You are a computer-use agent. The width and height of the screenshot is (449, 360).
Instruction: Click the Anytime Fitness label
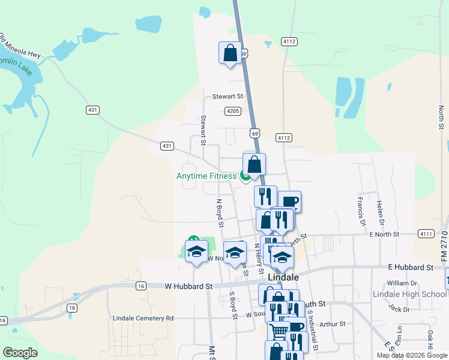click(x=206, y=176)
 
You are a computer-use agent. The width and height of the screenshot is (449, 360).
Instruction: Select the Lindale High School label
click(x=409, y=294)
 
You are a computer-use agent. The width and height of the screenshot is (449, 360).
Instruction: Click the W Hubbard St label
click(x=188, y=287)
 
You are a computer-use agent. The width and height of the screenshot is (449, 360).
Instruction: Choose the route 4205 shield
click(x=233, y=111)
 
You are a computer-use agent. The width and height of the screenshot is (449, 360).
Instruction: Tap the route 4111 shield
click(x=426, y=233)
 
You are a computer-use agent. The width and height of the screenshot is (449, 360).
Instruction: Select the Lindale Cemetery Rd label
click(x=143, y=318)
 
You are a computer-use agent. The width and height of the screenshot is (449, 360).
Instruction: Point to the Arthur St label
click(x=332, y=324)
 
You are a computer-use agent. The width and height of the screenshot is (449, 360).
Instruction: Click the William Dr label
click(x=402, y=283)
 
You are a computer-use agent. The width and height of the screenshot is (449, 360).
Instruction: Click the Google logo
click(x=20, y=353)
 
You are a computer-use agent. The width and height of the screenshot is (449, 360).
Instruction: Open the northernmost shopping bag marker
click(x=231, y=53)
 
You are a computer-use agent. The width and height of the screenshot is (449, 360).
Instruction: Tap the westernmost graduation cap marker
click(x=196, y=252)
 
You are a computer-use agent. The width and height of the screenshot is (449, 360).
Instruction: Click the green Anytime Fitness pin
click(x=245, y=176)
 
